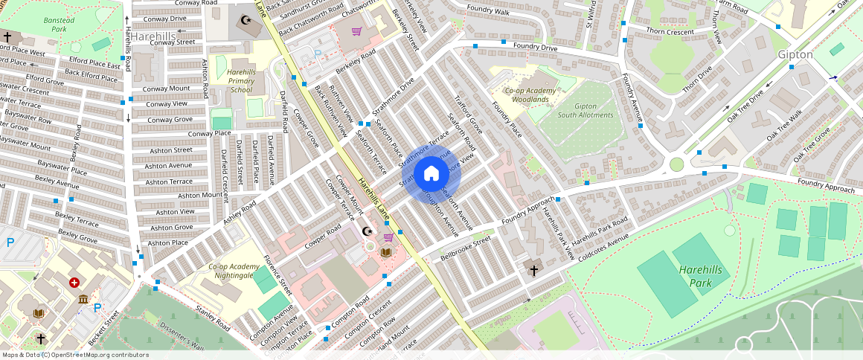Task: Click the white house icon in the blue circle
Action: pos(431,174)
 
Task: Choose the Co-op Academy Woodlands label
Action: pos(530,94)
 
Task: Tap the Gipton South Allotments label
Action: pos(586,110)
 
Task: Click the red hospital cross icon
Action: pos(74,283)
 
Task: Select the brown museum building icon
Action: pos(83,299)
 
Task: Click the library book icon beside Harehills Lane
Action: pos(385,253)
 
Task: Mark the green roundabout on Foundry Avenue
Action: pos(676,164)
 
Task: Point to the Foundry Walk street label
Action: pos(488,12)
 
